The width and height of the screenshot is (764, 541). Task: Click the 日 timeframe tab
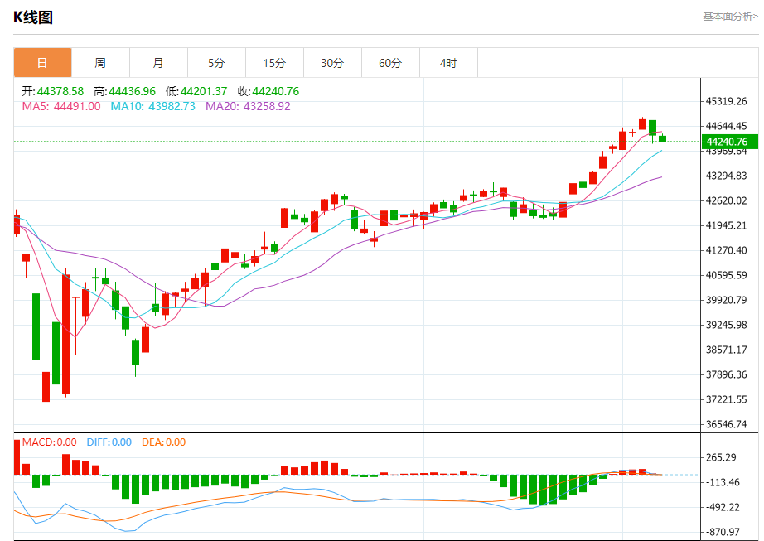click(42, 63)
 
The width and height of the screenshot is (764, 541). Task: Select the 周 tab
click(100, 63)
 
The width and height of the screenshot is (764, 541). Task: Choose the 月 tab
click(158, 63)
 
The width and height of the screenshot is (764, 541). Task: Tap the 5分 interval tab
click(216, 63)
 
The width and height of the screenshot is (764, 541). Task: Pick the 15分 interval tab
click(274, 63)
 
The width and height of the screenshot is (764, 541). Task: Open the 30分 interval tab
click(332, 63)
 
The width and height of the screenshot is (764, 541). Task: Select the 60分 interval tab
click(390, 63)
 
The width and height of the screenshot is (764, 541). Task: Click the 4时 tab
click(448, 63)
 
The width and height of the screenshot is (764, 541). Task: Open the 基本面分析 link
click(729, 16)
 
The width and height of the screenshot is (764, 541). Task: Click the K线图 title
click(33, 17)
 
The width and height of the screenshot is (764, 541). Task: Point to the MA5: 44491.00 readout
click(60, 106)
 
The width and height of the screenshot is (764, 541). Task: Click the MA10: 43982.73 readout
click(153, 106)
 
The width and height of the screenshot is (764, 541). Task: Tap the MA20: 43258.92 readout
click(248, 106)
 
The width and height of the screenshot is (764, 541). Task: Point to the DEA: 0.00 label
click(163, 442)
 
